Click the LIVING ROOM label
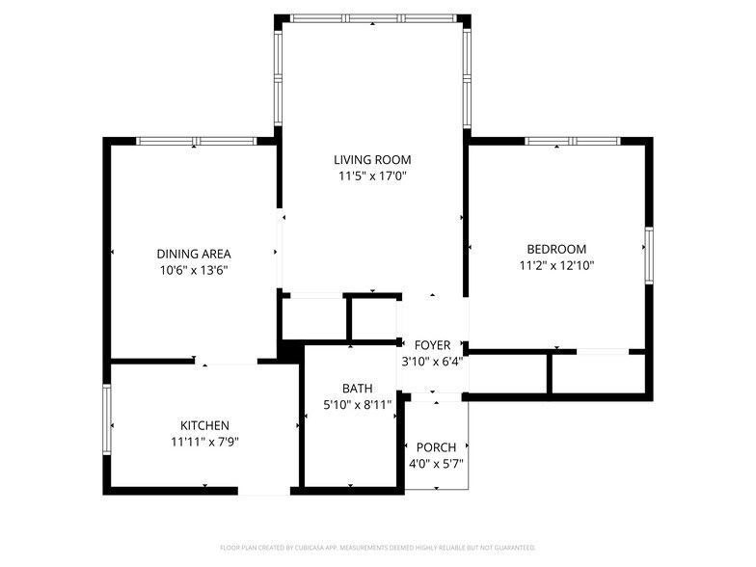click(x=372, y=160)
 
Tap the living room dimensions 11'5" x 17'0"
click(x=372, y=176)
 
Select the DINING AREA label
click(x=194, y=254)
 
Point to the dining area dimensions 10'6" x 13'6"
click(x=194, y=270)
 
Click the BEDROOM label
click(x=556, y=248)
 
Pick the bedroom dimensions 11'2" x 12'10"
click(x=556, y=264)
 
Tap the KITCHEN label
click(x=204, y=425)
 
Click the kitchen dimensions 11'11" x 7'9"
click(x=204, y=442)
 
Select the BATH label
click(x=357, y=389)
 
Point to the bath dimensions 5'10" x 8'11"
click(x=357, y=405)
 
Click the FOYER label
click(x=432, y=345)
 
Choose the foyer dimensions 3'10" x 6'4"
click(x=432, y=362)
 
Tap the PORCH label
click(x=436, y=447)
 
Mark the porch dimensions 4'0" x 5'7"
click(x=436, y=464)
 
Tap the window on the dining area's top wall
click(x=196, y=141)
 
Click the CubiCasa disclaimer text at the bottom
click(x=377, y=547)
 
